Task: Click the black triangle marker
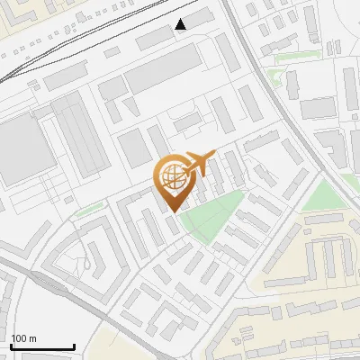pos(181,24)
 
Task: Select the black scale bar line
pos(42,346)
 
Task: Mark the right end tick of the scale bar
pos(74,345)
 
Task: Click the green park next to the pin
pos(212,216)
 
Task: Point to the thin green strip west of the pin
pos(87,211)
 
